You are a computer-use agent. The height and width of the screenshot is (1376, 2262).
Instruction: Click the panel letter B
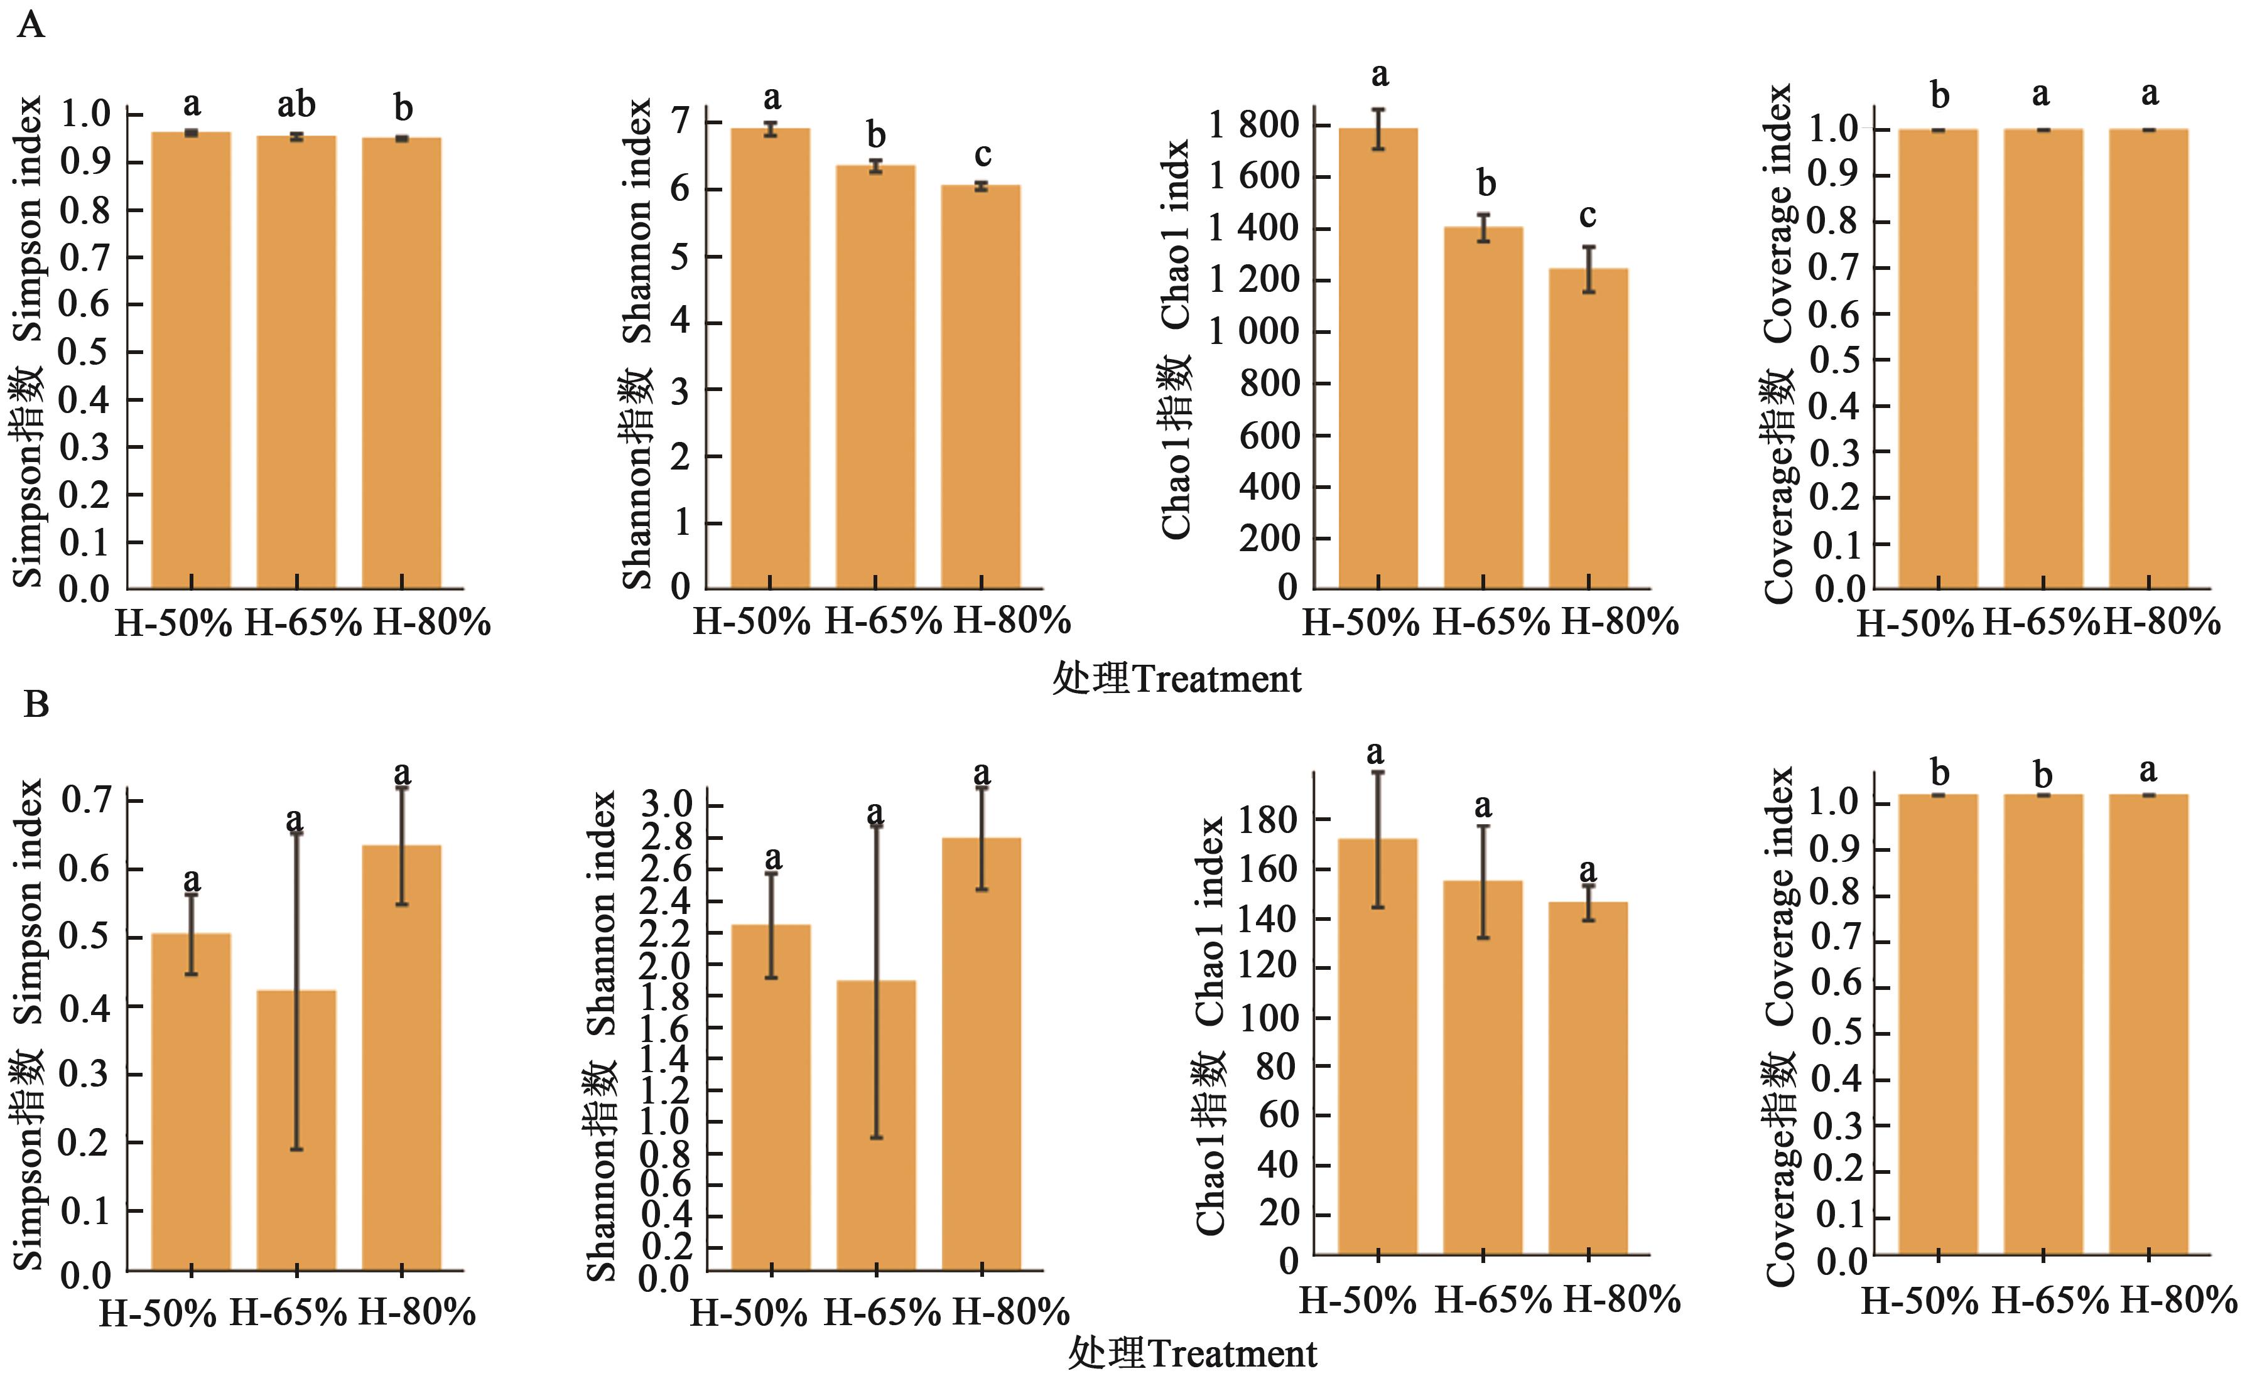(36, 705)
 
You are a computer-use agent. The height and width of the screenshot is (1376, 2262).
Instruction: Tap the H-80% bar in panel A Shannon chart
(980, 385)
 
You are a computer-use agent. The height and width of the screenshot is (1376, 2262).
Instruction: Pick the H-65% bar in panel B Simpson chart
(296, 1129)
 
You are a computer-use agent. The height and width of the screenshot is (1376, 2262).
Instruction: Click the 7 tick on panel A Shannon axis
(679, 122)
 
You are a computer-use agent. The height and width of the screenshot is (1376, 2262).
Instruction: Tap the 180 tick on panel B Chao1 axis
(1268, 819)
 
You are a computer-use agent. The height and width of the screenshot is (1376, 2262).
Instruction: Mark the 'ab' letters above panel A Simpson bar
(296, 105)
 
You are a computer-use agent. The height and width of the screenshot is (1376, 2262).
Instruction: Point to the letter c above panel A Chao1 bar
(1588, 217)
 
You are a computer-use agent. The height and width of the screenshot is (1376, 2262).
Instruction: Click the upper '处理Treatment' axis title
(1176, 679)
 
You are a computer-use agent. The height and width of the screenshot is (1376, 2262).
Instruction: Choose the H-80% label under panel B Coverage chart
(2178, 1301)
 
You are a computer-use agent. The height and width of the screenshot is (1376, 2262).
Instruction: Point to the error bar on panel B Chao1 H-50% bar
(1378, 840)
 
